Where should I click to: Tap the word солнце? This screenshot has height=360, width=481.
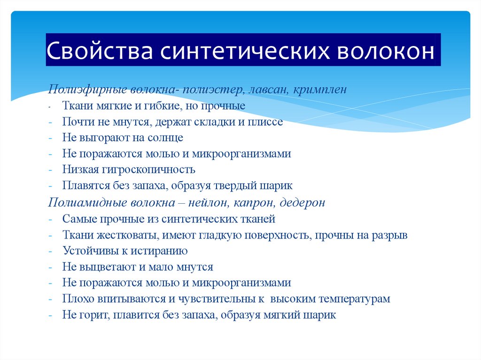(x=165, y=138)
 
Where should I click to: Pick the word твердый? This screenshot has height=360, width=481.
(x=236, y=185)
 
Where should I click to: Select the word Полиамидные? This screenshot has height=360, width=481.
(x=78, y=203)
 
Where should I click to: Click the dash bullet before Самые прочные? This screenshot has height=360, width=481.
(x=50, y=219)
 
